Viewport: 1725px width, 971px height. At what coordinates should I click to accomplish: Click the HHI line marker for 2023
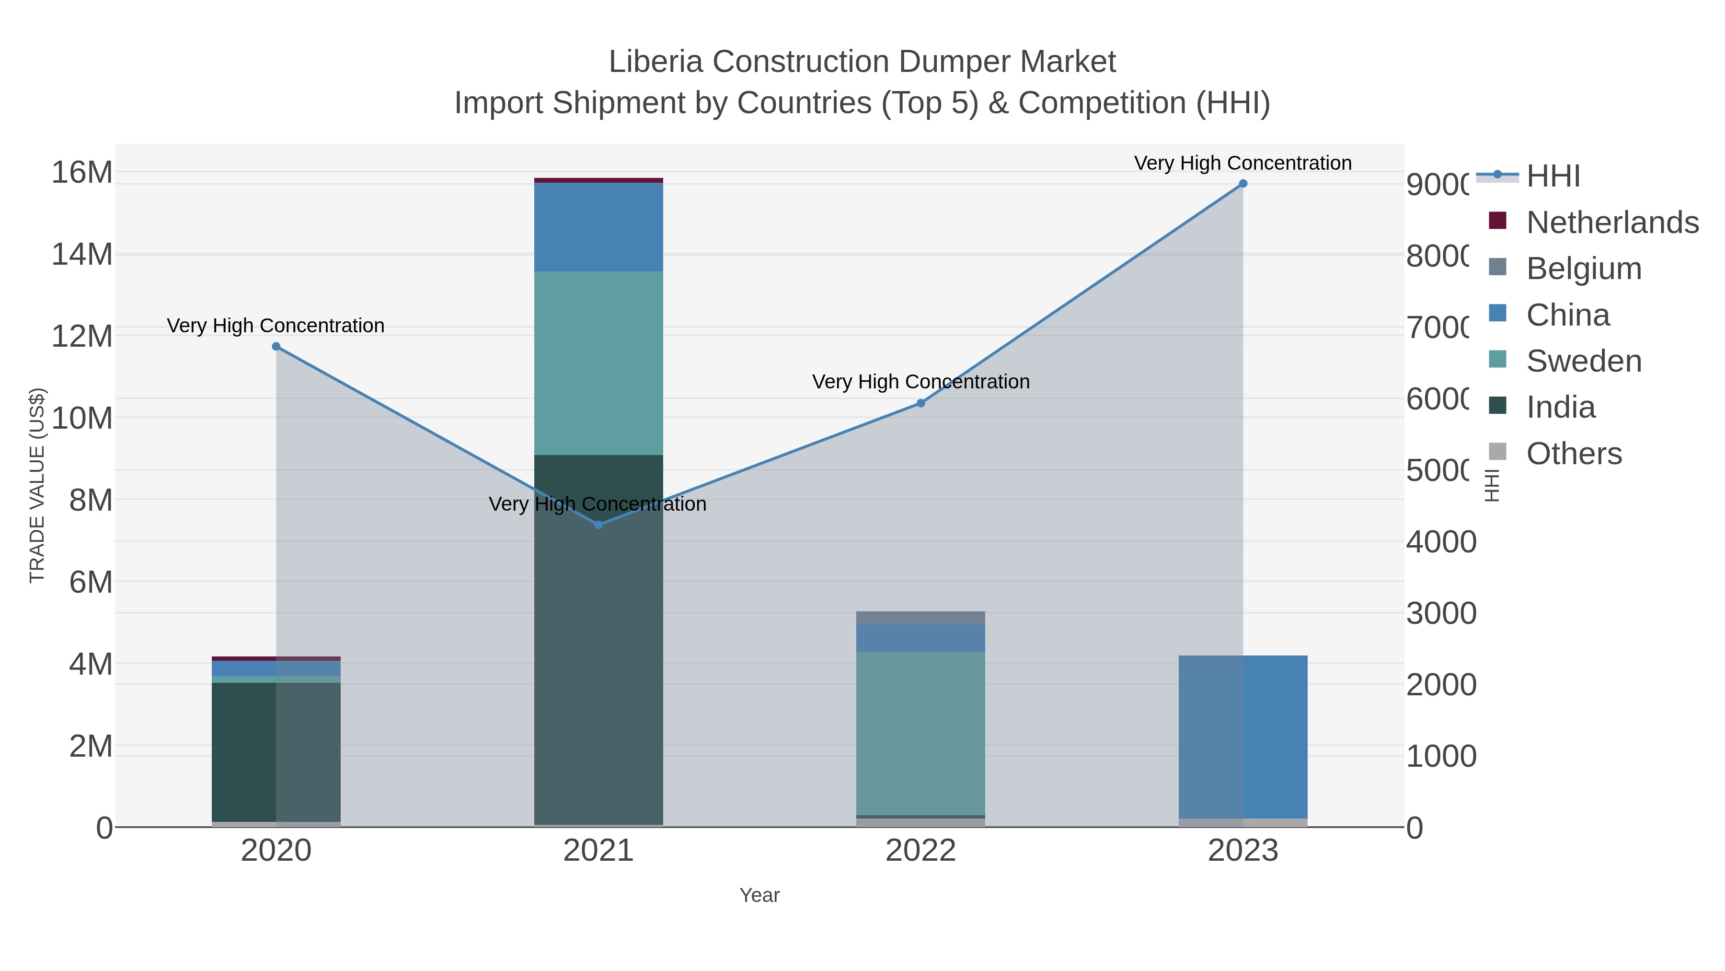(x=1243, y=184)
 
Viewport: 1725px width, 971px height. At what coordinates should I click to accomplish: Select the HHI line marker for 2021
(x=598, y=525)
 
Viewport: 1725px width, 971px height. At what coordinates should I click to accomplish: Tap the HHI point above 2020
(x=276, y=347)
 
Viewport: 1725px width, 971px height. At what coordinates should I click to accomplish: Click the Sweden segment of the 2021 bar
(x=598, y=363)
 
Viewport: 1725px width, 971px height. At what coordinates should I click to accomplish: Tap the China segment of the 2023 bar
(x=1243, y=737)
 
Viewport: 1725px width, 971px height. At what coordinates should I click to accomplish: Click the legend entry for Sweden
(x=1583, y=361)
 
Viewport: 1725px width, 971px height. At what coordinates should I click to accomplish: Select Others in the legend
(x=1574, y=454)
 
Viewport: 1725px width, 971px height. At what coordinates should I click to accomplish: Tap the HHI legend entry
(x=1552, y=176)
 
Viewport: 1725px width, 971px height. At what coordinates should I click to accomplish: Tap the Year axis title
(x=759, y=895)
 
